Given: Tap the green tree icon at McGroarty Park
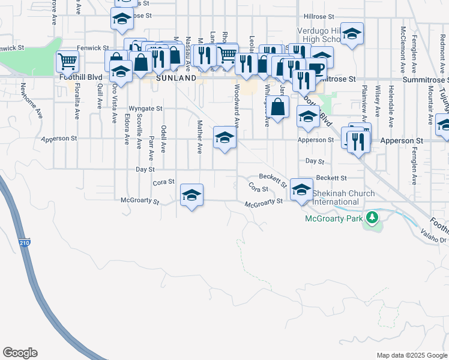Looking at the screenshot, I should click(372, 216).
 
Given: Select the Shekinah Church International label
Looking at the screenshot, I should click(343, 197).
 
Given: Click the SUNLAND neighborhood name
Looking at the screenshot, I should click(176, 78).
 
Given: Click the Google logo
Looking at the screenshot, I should click(20, 353).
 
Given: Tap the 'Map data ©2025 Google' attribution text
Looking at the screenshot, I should click(411, 355).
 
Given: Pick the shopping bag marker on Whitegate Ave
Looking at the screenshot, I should click(277, 108).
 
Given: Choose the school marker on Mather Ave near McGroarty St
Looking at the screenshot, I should click(191, 195).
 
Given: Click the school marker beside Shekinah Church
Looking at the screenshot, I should click(301, 190).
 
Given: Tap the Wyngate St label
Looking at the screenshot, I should click(146, 109).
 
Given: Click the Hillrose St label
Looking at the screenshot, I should click(322, 17).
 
